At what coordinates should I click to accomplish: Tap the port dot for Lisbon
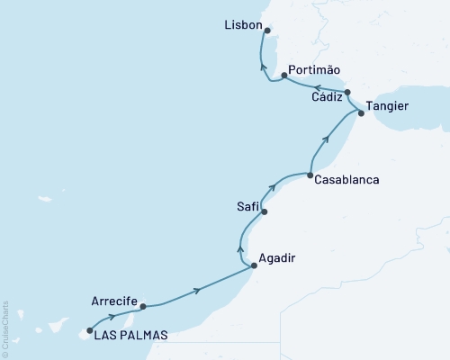267,30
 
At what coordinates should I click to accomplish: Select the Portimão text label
315,69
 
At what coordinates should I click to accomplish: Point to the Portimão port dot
283,76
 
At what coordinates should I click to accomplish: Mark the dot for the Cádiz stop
346,91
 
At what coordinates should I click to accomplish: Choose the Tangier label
389,106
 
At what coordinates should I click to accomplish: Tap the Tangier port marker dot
361,112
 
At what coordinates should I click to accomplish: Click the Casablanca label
346,180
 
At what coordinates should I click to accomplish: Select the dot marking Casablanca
310,175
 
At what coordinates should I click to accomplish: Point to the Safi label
247,207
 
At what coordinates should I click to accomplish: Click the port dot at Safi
265,211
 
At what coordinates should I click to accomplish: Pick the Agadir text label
276,258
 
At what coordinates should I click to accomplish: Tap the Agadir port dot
254,265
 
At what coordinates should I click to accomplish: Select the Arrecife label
114,301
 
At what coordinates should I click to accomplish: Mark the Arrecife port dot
143,306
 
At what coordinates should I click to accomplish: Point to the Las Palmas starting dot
89,330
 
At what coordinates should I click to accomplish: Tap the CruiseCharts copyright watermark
6,328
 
